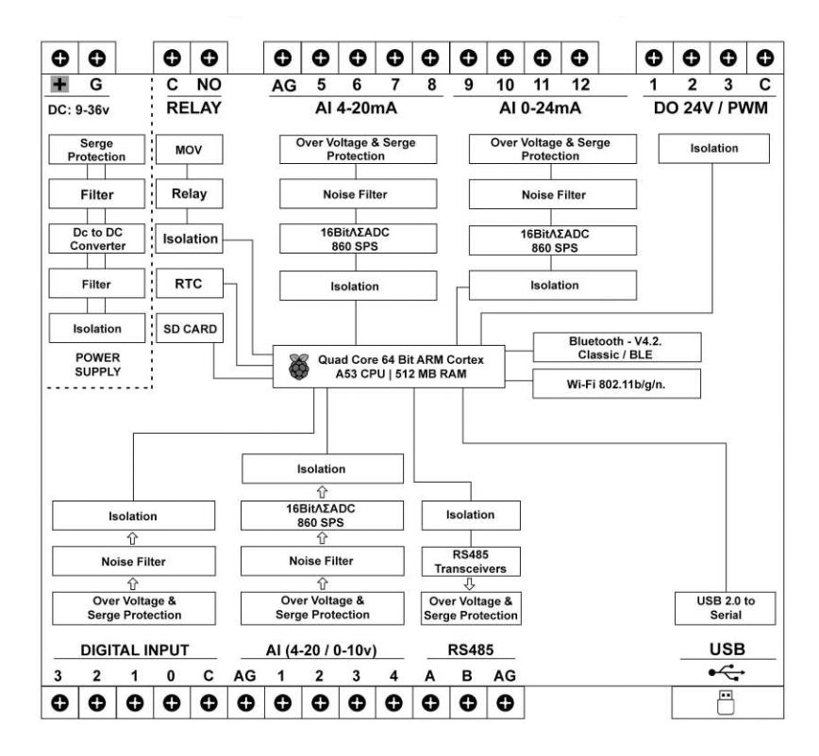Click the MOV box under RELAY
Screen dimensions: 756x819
click(x=187, y=151)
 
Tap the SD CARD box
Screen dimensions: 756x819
click(x=187, y=329)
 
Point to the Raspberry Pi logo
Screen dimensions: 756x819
click(x=299, y=367)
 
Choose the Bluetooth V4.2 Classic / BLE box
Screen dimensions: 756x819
click(x=617, y=347)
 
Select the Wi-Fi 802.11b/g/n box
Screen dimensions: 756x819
click(x=617, y=384)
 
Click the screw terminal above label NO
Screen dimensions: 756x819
click(x=209, y=58)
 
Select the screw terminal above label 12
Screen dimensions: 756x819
click(x=579, y=58)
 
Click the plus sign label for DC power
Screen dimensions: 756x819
click(x=59, y=86)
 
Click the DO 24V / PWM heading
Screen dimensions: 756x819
click(x=710, y=108)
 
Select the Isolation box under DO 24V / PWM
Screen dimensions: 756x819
click(x=714, y=148)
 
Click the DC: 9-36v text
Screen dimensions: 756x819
click(x=80, y=109)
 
